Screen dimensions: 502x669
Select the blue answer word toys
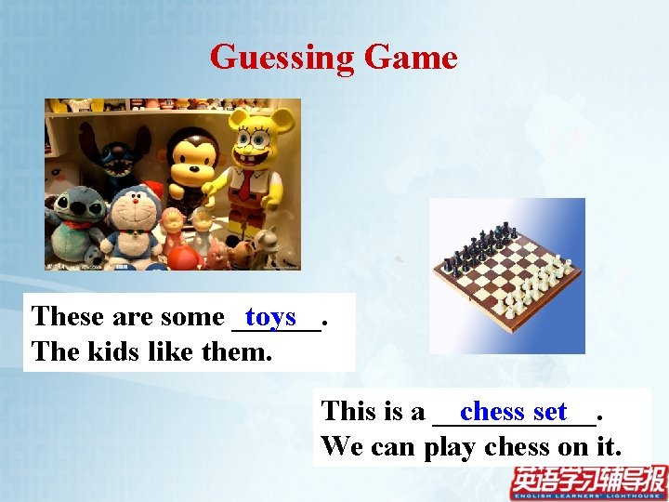[270, 317]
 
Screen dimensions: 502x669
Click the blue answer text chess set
[513, 411]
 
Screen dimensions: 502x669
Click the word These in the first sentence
[68, 317]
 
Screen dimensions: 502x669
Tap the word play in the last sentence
[451, 446]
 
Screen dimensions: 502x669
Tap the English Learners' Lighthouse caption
[587, 495]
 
